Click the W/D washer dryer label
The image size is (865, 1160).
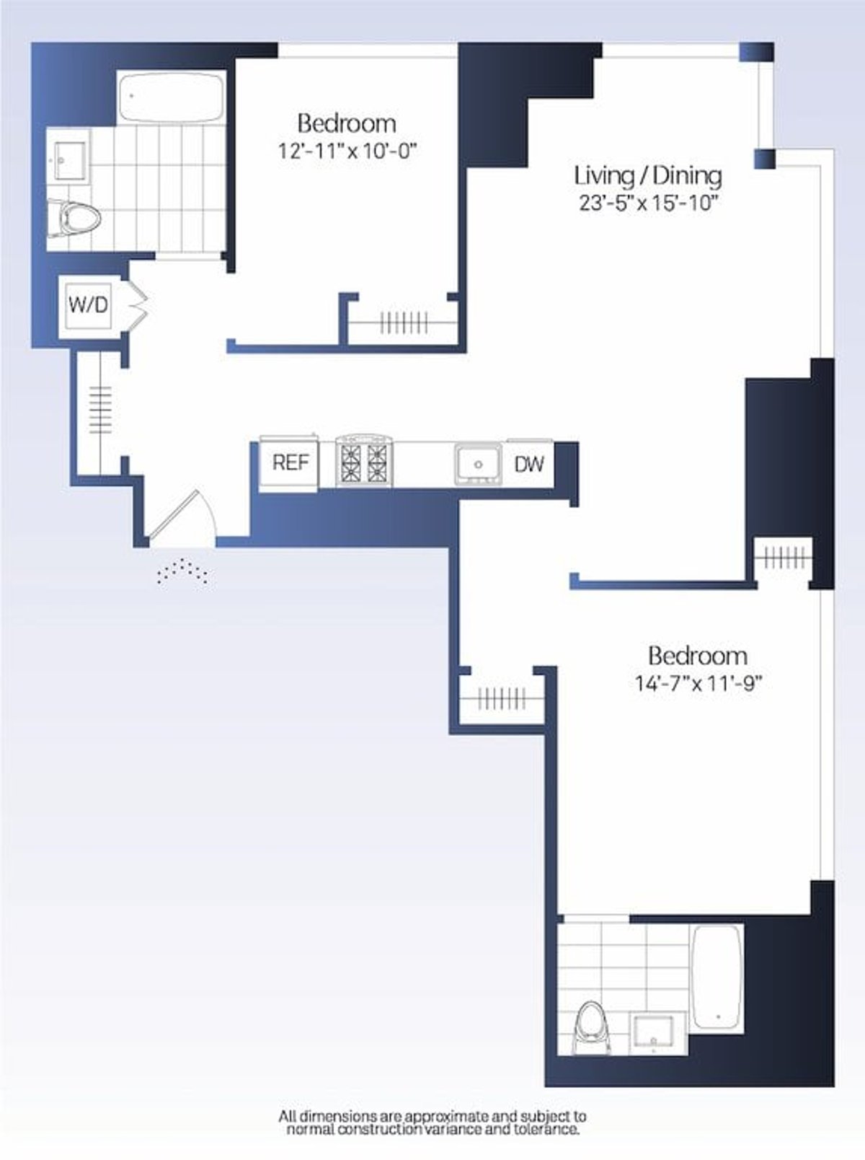[88, 304]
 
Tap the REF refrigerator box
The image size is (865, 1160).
[290, 462]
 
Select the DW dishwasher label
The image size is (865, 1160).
[529, 464]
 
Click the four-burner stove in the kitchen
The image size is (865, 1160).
[364, 462]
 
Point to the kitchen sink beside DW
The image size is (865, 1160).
[478, 463]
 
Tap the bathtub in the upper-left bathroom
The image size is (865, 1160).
[171, 96]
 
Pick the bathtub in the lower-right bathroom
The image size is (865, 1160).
[716, 977]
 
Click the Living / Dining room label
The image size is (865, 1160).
[647, 175]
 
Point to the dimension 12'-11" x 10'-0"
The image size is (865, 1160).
[347, 152]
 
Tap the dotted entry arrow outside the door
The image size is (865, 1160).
[184, 571]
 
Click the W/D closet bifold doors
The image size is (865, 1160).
[138, 304]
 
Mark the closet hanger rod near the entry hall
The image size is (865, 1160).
[100, 409]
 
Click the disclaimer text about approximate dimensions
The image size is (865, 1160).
[432, 1123]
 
